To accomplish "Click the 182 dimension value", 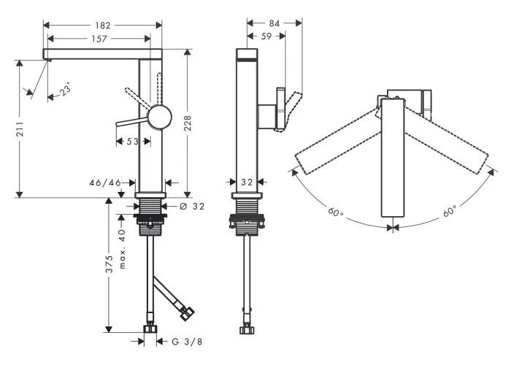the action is (103, 25).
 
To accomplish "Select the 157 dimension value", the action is (99, 39).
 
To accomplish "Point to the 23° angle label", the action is (66, 90).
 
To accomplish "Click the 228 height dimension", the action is (188, 123).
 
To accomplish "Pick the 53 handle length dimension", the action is (132, 142).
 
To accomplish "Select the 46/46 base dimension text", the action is (105, 182).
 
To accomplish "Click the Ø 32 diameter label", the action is (192, 207).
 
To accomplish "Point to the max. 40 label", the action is (122, 249).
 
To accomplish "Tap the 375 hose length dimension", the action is (109, 264).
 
